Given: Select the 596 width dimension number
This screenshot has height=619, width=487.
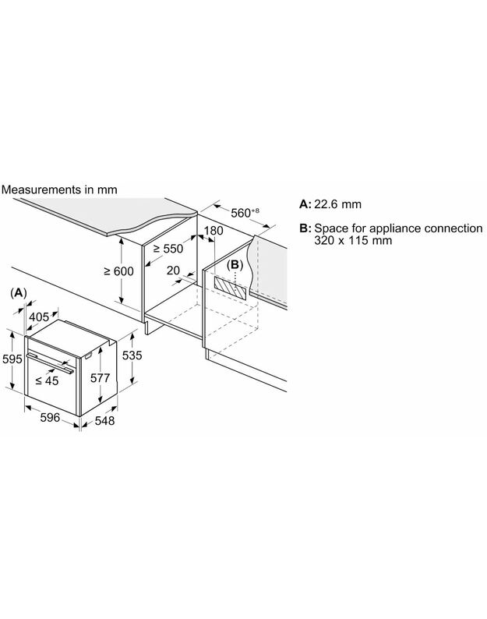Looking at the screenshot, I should pos(50,418).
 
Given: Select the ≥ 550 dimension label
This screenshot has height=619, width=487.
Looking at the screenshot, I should pos(168,248).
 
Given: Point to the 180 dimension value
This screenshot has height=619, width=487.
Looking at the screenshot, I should pos(214,231).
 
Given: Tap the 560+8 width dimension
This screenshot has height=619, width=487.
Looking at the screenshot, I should pos(235,213).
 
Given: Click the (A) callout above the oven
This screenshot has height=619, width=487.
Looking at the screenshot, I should pos(19,291).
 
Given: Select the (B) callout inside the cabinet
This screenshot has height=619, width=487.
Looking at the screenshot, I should pos(235,264).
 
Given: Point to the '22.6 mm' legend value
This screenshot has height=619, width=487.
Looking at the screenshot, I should pos(337,204).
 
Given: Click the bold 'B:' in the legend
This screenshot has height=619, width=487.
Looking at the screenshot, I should pos(304,228).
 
